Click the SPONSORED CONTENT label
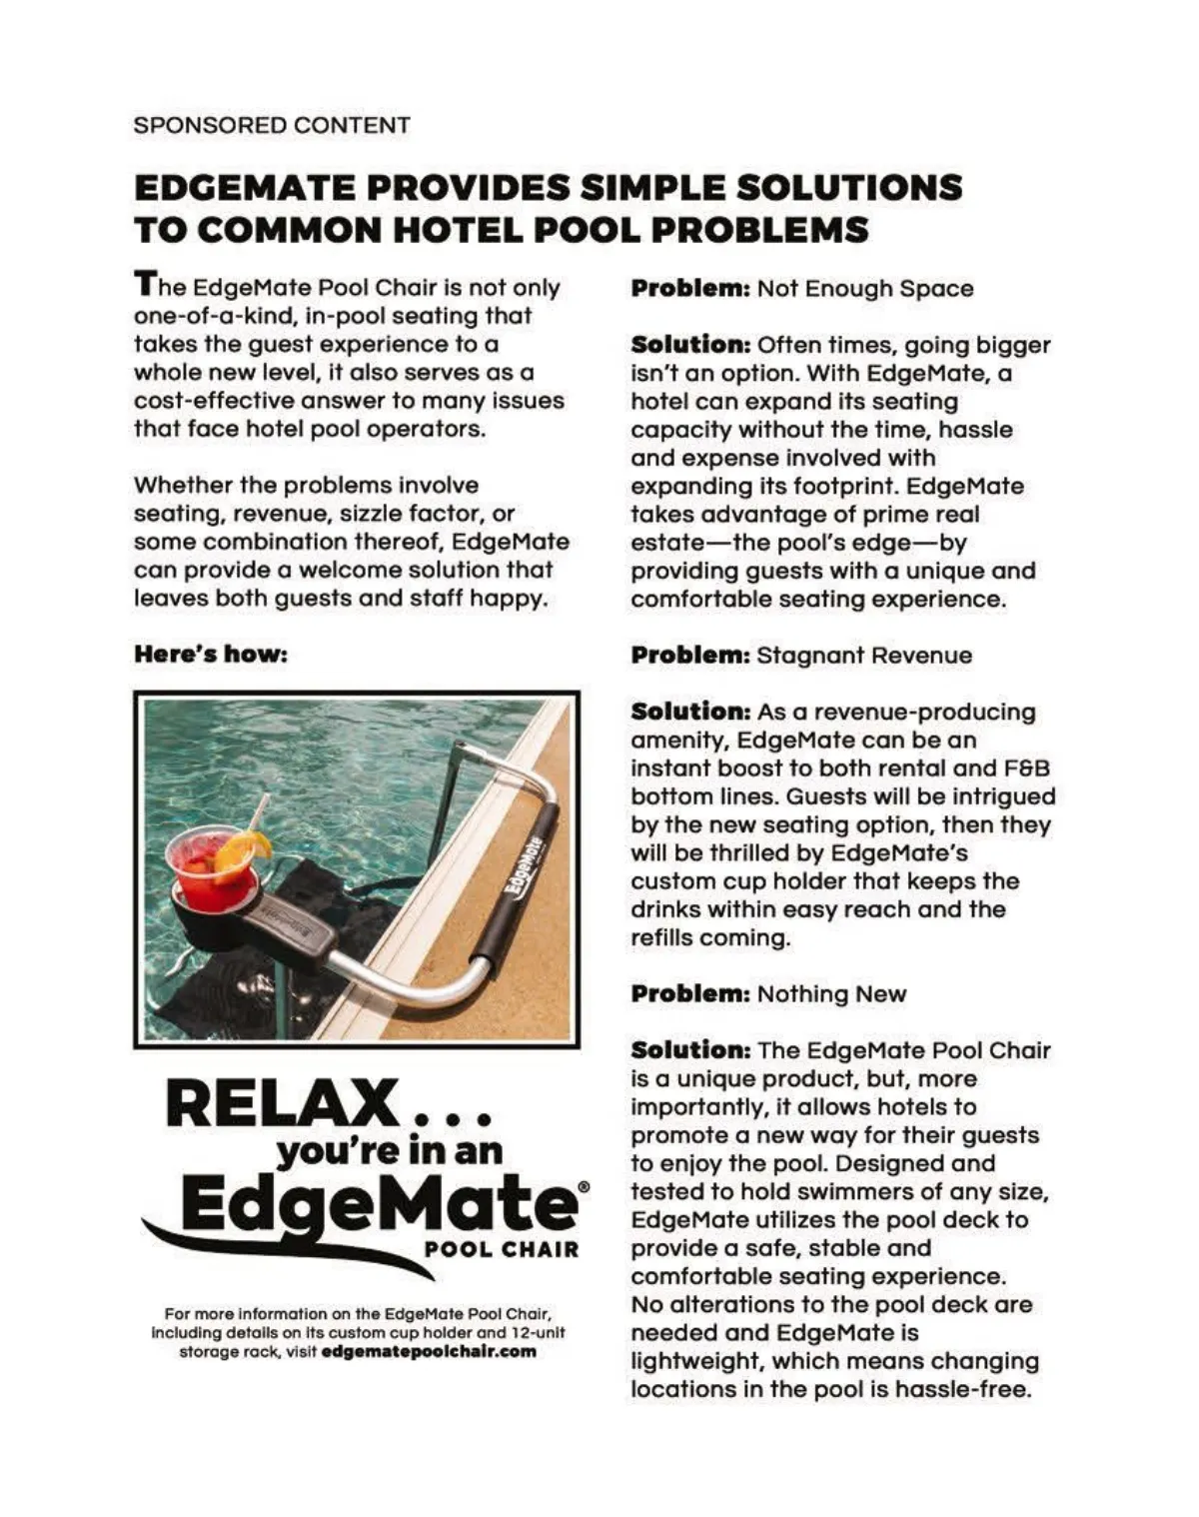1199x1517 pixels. point(272,126)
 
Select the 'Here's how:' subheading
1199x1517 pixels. point(211,655)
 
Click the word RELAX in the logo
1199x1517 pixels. point(283,1104)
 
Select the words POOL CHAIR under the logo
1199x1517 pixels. point(502,1249)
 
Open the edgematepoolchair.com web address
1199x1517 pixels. point(430,1352)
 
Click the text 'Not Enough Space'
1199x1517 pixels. point(864,289)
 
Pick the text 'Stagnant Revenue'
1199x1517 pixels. point(864,656)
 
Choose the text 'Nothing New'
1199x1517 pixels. point(831,994)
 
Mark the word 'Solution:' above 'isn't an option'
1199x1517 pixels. point(690,345)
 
